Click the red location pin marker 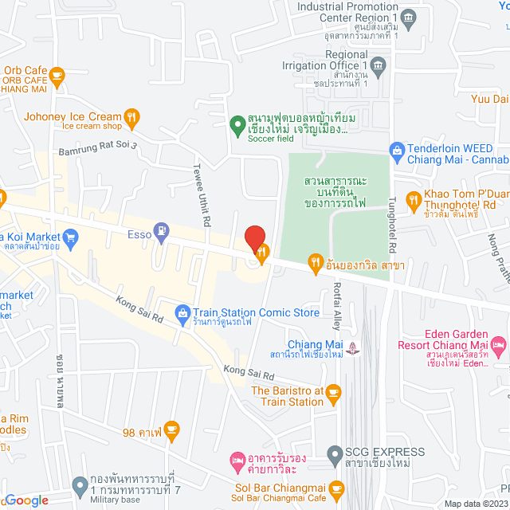click(255, 238)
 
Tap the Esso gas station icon click(163, 231)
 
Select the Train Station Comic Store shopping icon click(182, 312)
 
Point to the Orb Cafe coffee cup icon click(56, 75)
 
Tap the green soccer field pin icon click(236, 124)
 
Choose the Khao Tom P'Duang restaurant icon click(413, 200)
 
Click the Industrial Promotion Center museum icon click(409, 18)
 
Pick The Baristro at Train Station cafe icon click(334, 391)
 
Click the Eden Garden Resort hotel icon click(499, 345)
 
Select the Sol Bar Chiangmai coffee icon click(337, 488)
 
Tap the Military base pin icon click(79, 484)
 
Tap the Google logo click(25, 500)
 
